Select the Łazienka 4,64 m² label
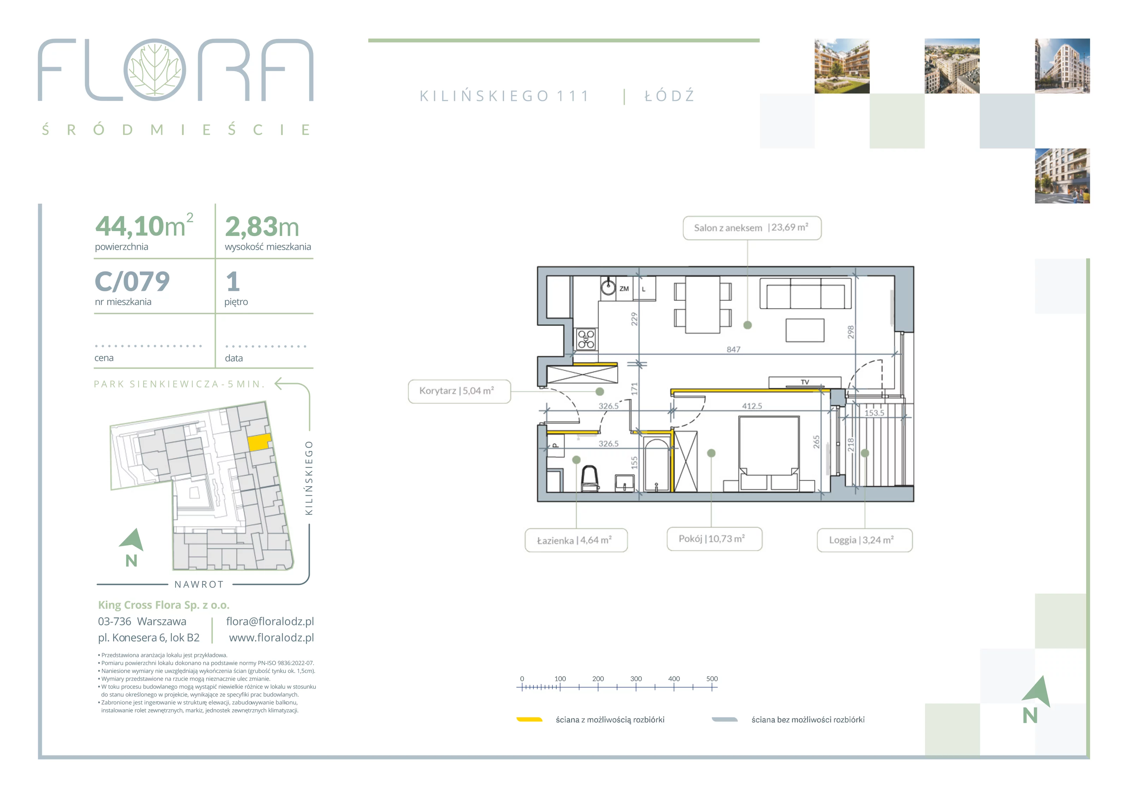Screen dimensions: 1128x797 tap(576, 540)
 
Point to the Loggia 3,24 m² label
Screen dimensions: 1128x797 tap(865, 540)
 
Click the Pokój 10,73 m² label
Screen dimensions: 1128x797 tap(714, 539)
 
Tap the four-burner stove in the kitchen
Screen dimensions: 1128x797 tap(586, 339)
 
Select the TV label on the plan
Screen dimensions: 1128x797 tap(805, 382)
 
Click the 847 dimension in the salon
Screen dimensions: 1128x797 tap(734, 350)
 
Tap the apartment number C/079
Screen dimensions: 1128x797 tap(132, 282)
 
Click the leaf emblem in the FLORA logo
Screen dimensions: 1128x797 tap(155, 70)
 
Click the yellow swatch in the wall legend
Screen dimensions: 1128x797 tap(529, 719)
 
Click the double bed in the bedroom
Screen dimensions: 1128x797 tap(769, 452)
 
